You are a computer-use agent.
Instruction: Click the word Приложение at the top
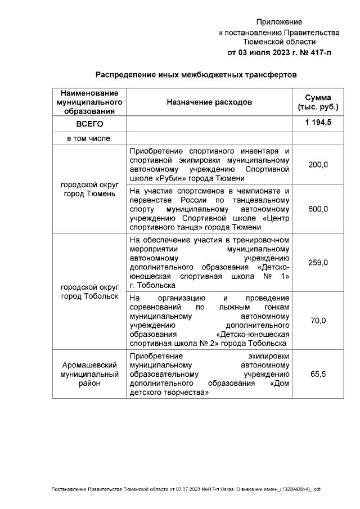pos(279,22)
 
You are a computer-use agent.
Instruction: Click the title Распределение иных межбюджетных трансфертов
pos(195,74)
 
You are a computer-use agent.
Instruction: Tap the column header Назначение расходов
pos(209,102)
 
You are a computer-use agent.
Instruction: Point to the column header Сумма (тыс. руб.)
pos(318,102)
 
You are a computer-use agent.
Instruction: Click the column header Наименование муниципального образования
pos(89,102)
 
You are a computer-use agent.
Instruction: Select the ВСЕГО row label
pos(89,124)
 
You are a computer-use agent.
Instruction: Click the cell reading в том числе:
pos(89,138)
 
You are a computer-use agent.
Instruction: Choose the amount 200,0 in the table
pos(318,164)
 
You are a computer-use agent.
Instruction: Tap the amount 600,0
pos(318,209)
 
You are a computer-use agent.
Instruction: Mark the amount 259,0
pos(318,262)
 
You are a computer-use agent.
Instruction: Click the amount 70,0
pos(318,321)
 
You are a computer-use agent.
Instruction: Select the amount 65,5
pos(318,373)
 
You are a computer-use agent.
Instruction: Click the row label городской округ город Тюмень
pos(89,190)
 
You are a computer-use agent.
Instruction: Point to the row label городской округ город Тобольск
pos(89,291)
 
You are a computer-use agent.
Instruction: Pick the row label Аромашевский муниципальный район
pos(89,373)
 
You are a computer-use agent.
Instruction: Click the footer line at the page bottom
pos(186,489)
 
